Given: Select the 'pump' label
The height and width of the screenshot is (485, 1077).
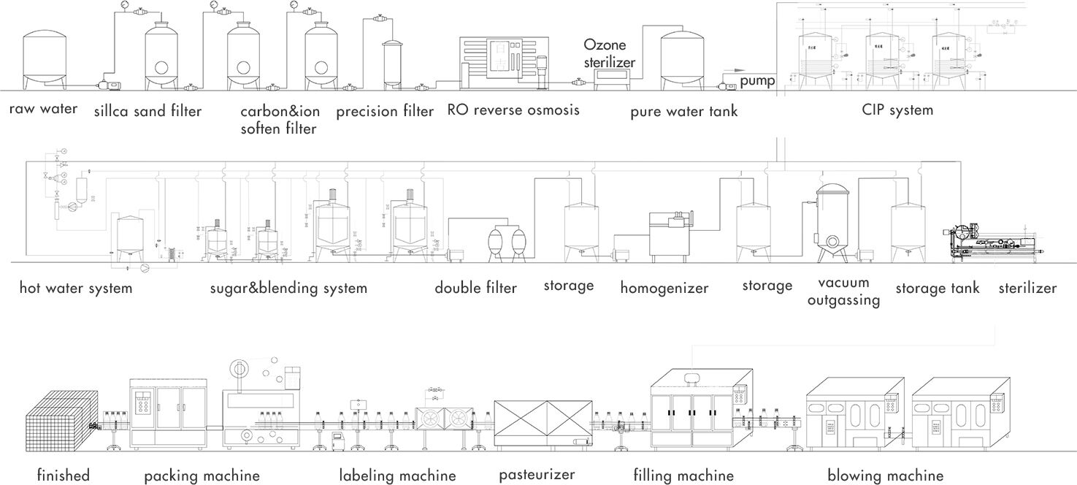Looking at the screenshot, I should coord(756,80).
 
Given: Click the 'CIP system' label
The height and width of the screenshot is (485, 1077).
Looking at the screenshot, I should coord(897,110).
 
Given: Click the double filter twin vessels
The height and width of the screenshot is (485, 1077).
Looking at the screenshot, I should coord(508,240).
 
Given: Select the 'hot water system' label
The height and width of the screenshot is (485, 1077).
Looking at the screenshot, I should coord(76,288).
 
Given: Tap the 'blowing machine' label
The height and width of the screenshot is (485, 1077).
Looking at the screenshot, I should coord(885,476).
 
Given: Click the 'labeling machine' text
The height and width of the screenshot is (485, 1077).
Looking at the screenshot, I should coord(397,476).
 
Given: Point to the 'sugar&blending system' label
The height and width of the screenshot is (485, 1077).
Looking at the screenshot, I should coord(288,288).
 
